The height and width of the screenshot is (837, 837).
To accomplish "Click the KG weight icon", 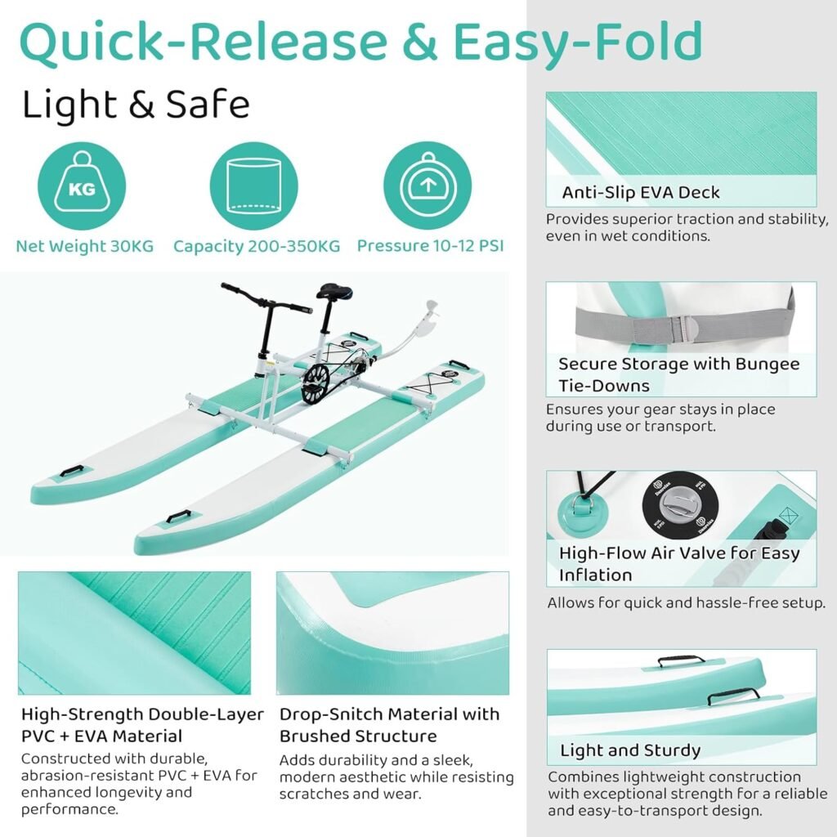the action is tap(82, 186).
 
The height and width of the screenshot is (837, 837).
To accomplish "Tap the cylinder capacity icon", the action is tap(253, 186).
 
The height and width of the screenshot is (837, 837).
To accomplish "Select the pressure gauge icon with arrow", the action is tap(427, 186).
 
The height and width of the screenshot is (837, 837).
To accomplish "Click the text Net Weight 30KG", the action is tap(85, 246).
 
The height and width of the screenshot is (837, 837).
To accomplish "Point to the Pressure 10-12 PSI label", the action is tap(430, 246).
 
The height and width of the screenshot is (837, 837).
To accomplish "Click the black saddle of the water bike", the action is tap(334, 292).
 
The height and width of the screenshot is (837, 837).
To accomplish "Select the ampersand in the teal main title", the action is tap(419, 42).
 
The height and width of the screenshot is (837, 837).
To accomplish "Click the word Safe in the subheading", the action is tap(208, 105).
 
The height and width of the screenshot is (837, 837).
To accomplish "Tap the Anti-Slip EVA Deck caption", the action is tap(641, 192).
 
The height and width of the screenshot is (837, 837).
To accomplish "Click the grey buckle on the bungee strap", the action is tap(684, 328).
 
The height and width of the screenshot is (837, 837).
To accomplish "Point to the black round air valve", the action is tap(680, 504).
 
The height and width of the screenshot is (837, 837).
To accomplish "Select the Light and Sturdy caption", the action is tap(630, 750).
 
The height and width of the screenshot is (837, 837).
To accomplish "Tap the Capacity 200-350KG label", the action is tap(257, 246).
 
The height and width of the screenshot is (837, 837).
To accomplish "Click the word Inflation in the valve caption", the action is tap(595, 575).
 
